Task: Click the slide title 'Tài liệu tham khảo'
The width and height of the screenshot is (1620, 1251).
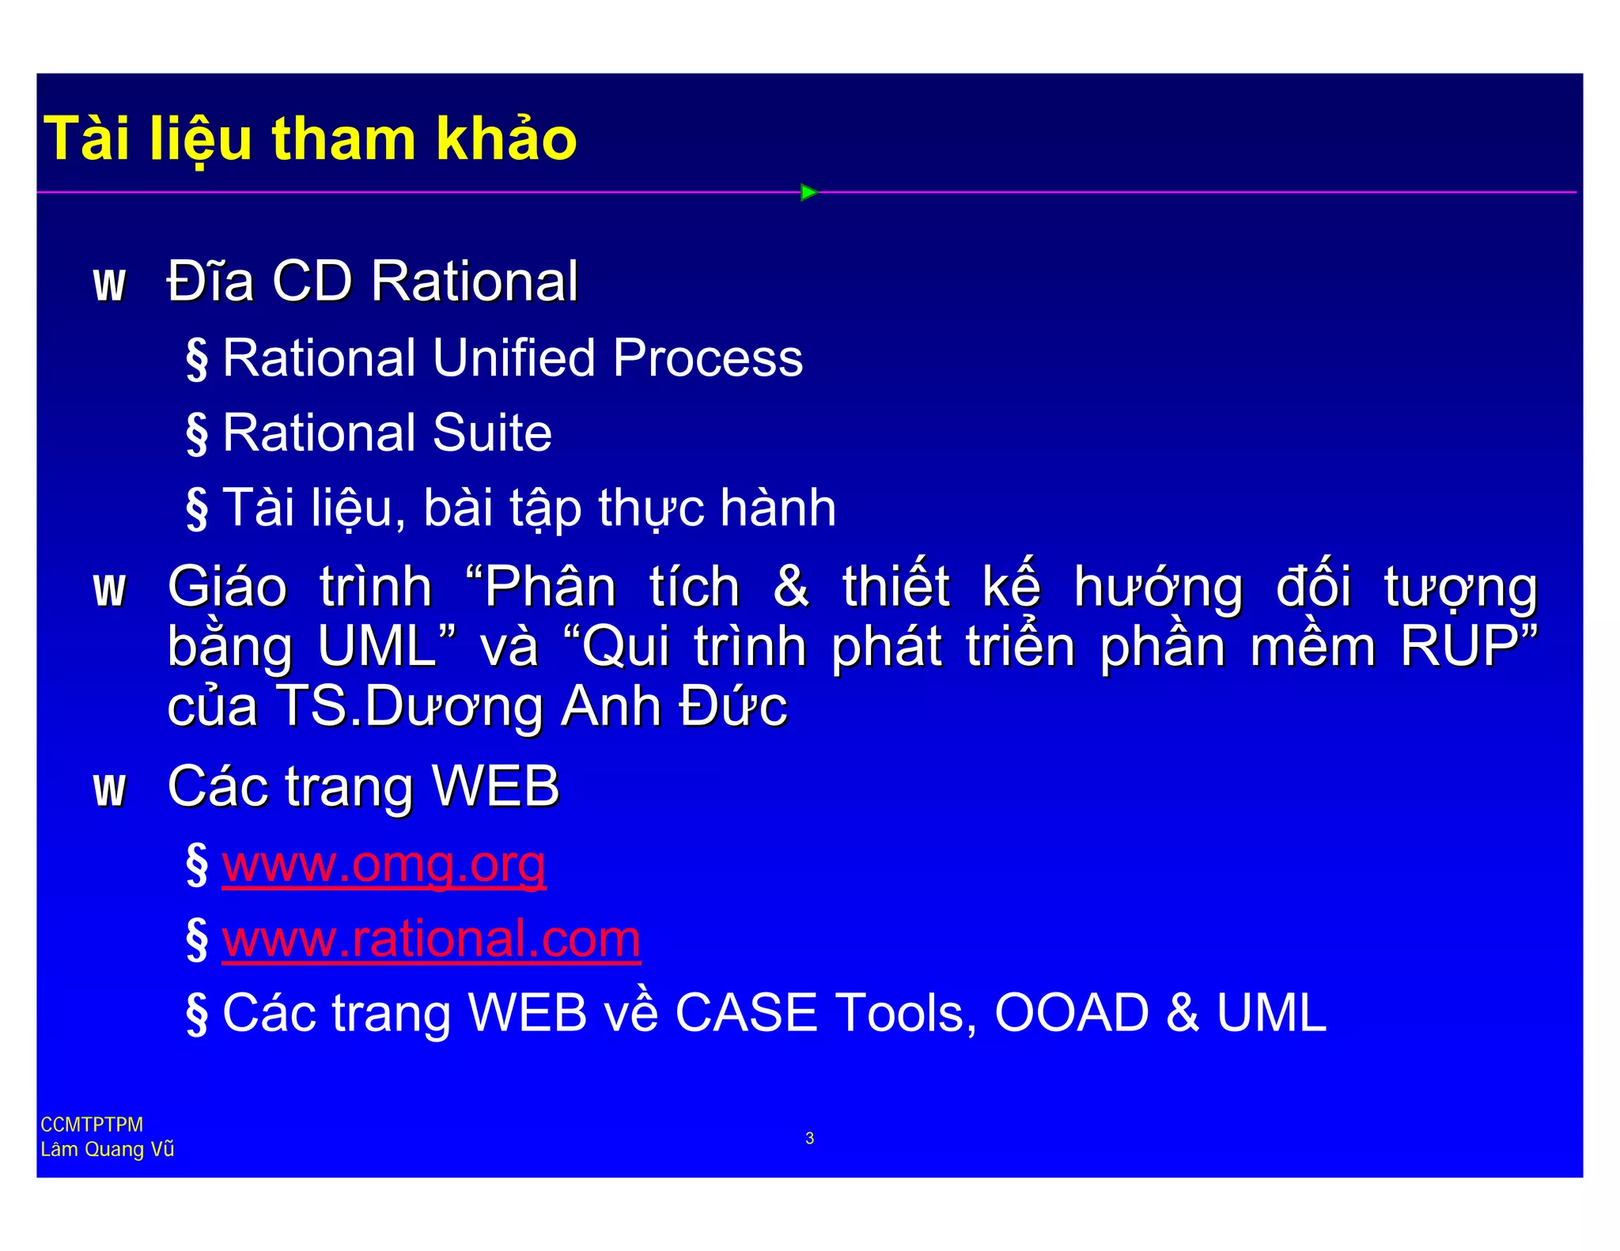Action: click(310, 139)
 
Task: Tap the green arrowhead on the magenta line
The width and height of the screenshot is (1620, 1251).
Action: click(808, 192)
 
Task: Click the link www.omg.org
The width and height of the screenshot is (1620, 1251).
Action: click(384, 864)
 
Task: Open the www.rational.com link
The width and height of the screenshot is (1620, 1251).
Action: click(431, 939)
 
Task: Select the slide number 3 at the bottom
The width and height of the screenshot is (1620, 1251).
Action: click(809, 1138)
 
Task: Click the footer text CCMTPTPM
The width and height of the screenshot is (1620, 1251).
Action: click(92, 1124)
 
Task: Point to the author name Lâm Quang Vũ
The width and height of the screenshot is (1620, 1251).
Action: click(107, 1149)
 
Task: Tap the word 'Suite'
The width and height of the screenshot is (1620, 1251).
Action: click(492, 433)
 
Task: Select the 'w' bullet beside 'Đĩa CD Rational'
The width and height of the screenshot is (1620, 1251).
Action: click(109, 285)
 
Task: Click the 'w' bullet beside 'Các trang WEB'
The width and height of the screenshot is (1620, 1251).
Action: click(109, 790)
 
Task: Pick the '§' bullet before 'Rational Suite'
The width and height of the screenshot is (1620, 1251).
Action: click(197, 433)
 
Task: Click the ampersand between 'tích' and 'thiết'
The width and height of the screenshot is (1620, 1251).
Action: click(791, 587)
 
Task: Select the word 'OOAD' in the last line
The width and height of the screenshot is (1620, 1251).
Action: click(1071, 1013)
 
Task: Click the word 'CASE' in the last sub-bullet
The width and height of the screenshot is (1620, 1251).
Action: click(745, 1013)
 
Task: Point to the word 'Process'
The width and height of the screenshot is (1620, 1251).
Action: click(707, 357)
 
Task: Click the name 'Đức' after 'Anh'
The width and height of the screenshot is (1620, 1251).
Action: click(732, 705)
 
